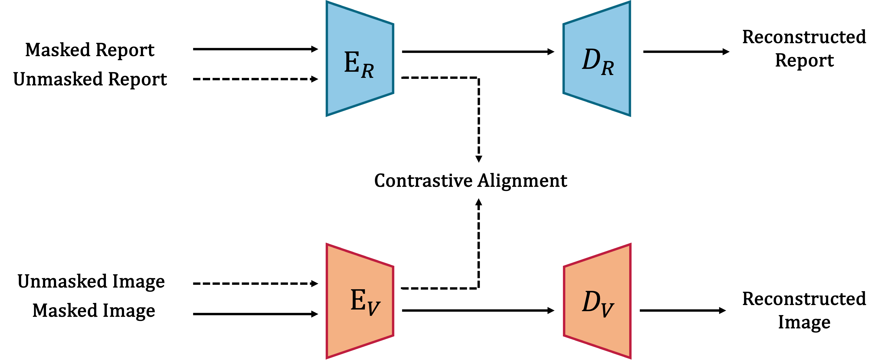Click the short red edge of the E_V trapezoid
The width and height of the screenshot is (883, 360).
pos(393,301)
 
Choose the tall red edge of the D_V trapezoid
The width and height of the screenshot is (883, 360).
pos(630,301)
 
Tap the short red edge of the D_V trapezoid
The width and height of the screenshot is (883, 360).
pos(564,301)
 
